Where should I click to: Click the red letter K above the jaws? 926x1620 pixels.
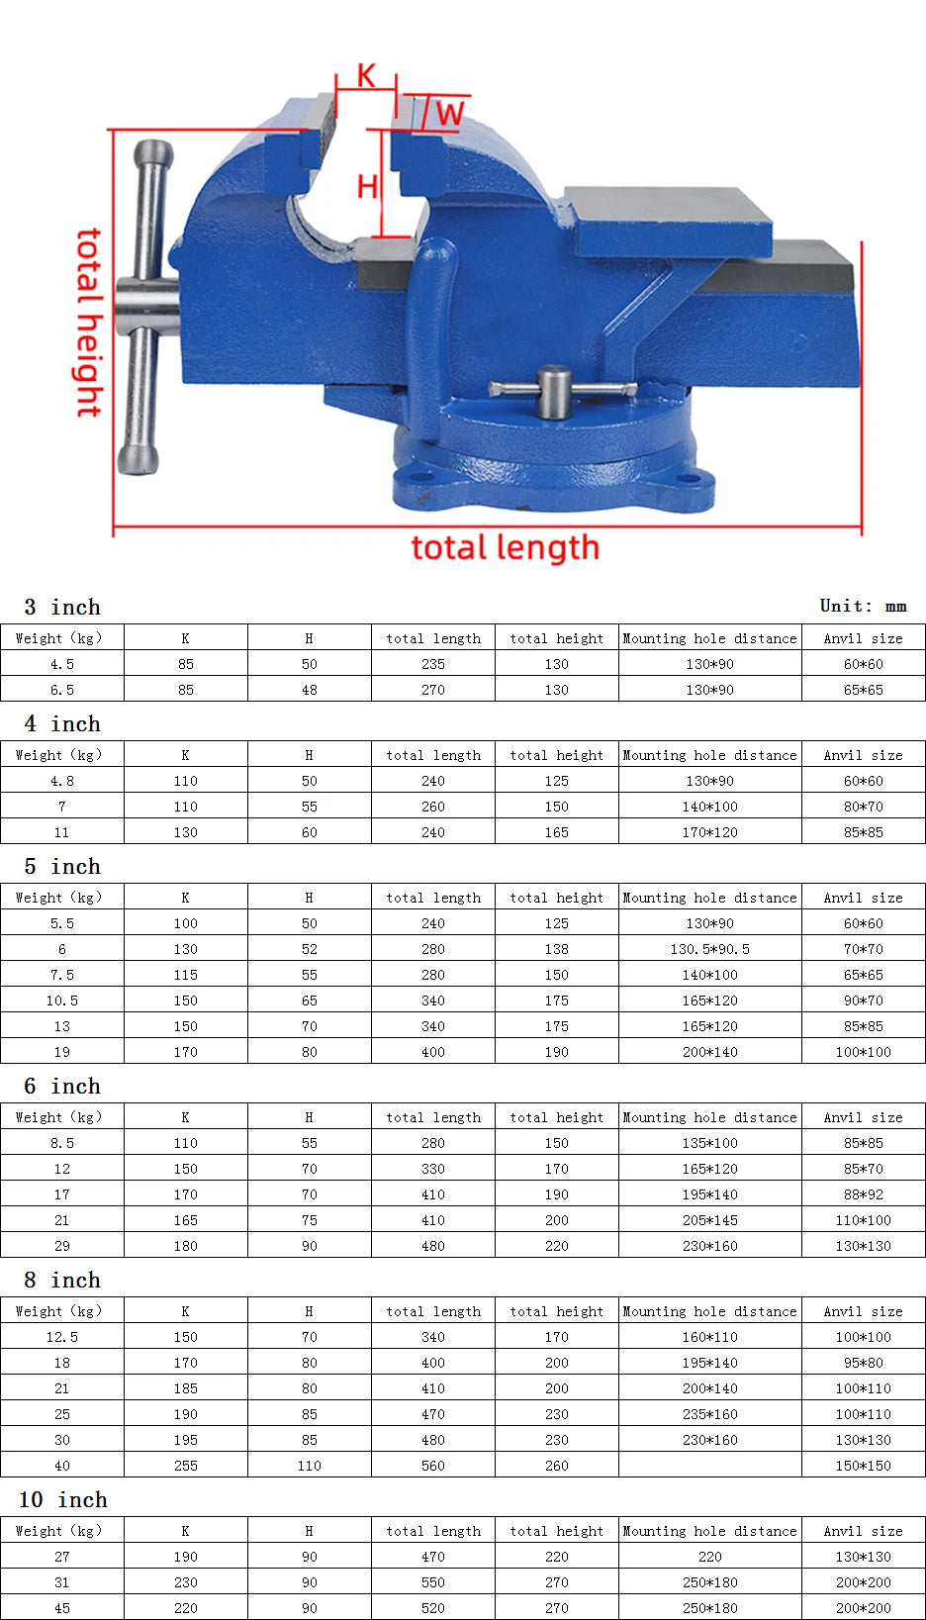(x=366, y=75)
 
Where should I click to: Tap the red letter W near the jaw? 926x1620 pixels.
(x=449, y=114)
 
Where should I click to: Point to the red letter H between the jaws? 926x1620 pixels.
(x=367, y=187)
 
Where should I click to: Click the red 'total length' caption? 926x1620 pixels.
(x=506, y=548)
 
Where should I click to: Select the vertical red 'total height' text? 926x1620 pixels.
(x=90, y=323)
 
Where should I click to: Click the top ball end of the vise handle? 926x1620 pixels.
(x=154, y=152)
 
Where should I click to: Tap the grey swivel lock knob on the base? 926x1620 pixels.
(x=554, y=391)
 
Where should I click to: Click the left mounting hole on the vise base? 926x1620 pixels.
(x=417, y=477)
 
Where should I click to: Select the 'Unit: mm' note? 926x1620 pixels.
(x=863, y=606)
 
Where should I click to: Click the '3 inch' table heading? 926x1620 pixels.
(x=62, y=607)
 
